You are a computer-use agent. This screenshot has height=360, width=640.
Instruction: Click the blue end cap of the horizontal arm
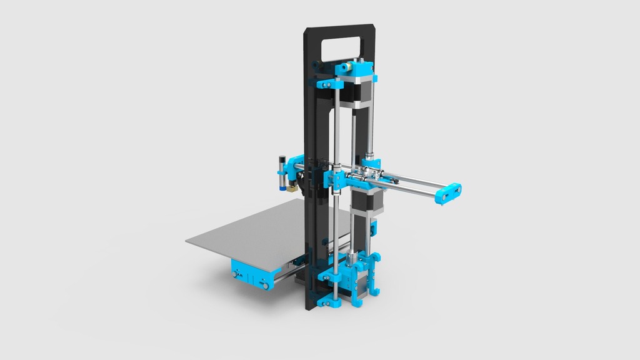[x=449, y=194]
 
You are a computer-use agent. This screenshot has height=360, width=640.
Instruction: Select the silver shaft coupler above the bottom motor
[x=354, y=256]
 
